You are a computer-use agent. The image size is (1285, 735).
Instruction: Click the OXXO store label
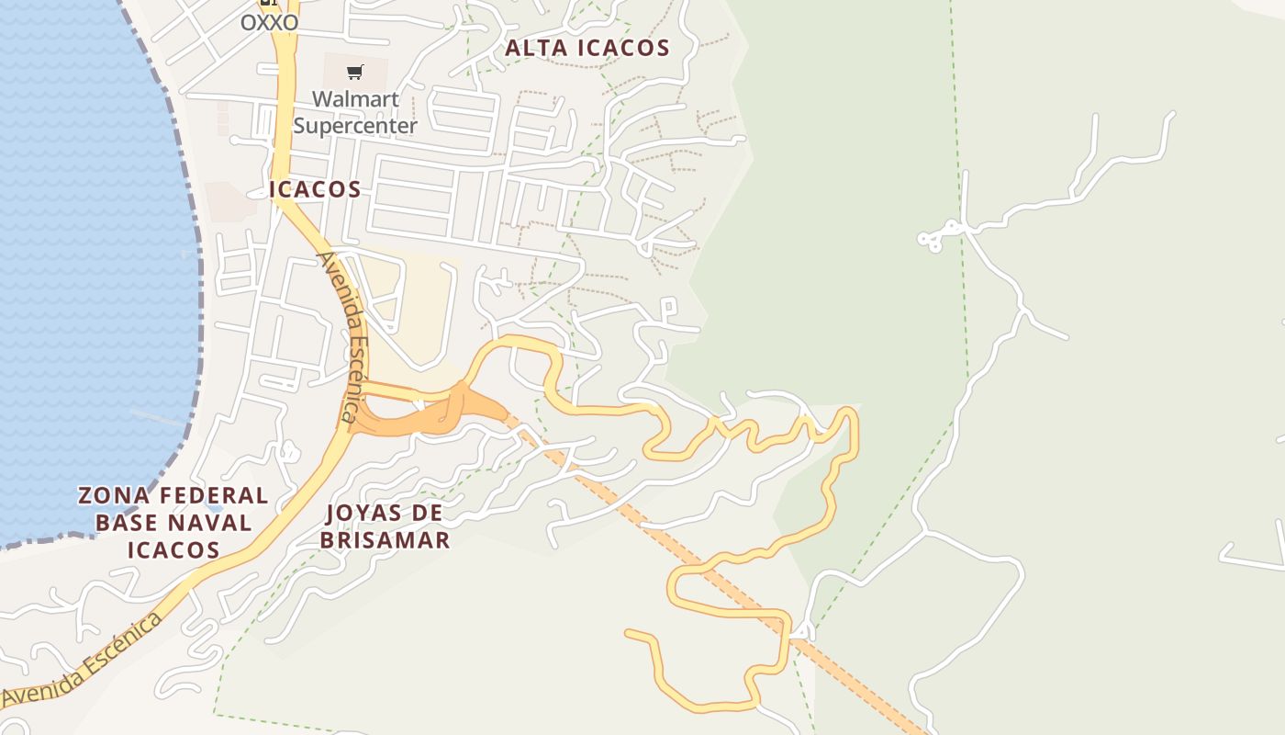point(269,22)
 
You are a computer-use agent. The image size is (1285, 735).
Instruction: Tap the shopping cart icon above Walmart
point(355,72)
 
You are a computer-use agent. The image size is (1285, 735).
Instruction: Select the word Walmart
point(355,98)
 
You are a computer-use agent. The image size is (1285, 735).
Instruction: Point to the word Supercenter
point(355,125)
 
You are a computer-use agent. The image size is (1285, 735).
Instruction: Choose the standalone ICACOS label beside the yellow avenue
point(315,189)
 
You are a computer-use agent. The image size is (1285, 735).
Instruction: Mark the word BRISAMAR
point(385,539)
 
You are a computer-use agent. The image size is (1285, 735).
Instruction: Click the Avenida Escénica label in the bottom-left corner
point(83,660)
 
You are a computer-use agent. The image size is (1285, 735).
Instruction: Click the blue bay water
point(83,276)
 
